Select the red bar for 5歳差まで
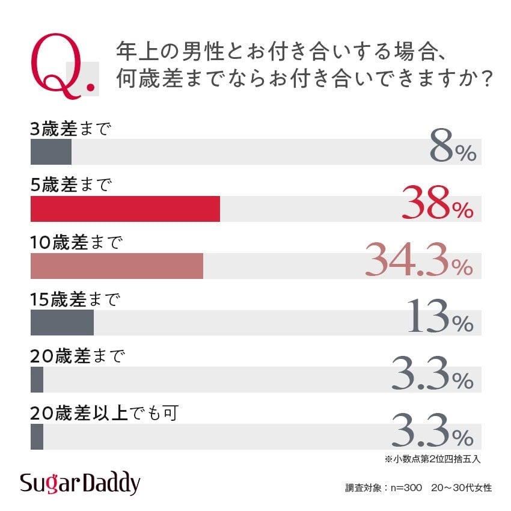(125, 209)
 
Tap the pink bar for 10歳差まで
(117, 266)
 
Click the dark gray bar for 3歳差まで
(51, 152)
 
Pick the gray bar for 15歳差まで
(62, 323)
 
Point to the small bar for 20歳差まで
(37, 379)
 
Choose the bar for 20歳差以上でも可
(37, 436)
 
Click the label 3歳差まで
(71, 129)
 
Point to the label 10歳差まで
(76, 242)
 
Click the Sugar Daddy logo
(79, 483)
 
